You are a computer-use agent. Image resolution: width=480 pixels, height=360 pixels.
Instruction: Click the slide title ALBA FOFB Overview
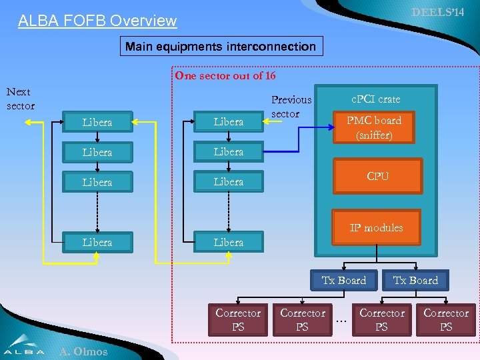click(x=97, y=21)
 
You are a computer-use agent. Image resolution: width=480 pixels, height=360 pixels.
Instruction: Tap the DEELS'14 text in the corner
click(x=437, y=12)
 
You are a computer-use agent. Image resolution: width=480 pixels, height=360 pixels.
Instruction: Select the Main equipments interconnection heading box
click(x=221, y=47)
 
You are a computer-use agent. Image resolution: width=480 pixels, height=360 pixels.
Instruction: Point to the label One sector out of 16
click(x=225, y=75)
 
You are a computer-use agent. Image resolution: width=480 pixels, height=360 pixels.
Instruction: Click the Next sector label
click(x=19, y=99)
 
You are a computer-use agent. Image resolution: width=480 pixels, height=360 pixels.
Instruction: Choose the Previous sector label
click(x=291, y=107)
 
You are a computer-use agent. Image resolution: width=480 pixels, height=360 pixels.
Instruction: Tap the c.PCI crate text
click(x=376, y=99)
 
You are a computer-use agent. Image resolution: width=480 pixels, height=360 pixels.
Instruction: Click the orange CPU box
click(x=377, y=176)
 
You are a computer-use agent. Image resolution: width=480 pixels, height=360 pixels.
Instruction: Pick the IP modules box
click(x=376, y=227)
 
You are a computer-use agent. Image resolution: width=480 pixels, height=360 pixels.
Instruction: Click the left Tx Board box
click(x=344, y=280)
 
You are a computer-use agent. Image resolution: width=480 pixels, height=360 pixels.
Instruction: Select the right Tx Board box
click(x=415, y=280)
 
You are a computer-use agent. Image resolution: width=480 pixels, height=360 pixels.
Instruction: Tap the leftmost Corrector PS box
click(x=238, y=319)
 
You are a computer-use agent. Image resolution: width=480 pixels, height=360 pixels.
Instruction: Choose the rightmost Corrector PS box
click(x=446, y=319)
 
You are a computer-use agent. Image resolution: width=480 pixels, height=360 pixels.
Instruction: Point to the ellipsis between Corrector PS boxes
click(x=342, y=321)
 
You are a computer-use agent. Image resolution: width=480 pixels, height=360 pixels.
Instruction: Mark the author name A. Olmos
click(x=83, y=351)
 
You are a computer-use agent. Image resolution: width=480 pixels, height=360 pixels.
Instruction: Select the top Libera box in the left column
click(x=97, y=123)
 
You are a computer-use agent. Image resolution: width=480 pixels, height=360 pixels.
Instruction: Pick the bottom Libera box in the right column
click(x=229, y=242)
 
